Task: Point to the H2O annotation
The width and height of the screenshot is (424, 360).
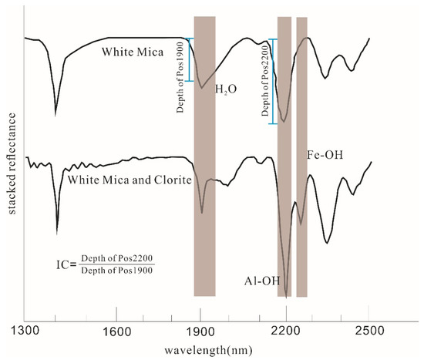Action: click(227, 89)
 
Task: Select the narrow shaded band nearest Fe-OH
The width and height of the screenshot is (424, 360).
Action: click(301, 154)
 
